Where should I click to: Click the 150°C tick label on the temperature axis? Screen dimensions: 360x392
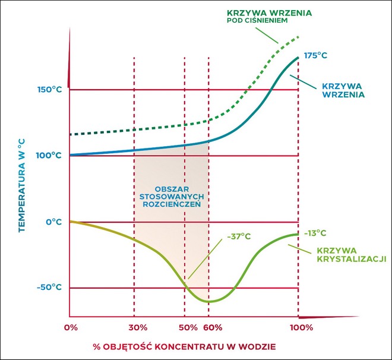49,90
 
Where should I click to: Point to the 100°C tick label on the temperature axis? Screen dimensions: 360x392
49,156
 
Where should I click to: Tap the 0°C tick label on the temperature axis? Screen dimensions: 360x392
53,222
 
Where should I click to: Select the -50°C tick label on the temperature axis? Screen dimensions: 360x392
49,288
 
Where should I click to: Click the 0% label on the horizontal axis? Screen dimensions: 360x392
71,327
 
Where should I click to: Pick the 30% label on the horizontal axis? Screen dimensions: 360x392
137,327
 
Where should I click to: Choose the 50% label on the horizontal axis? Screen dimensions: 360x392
188,327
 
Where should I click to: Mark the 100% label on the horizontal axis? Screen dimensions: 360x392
301,327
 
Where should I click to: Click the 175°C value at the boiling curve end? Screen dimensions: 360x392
316,55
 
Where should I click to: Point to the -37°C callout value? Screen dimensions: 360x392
238,236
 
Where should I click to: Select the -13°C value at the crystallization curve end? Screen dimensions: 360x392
315,233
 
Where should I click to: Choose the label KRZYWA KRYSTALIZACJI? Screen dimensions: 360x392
352,254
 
